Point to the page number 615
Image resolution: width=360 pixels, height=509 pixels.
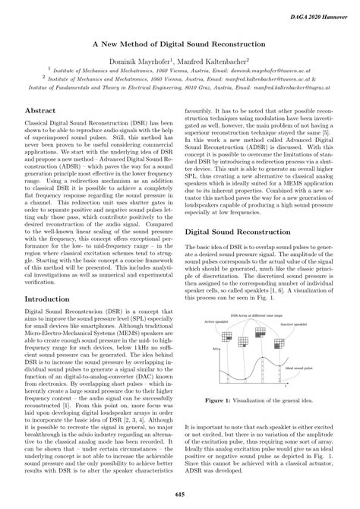(x=180, y=494)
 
